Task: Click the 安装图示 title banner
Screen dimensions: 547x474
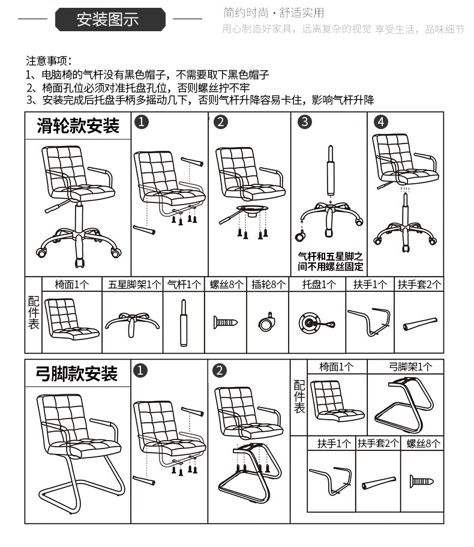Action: point(110,20)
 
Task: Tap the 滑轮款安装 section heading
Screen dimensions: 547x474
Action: point(78,126)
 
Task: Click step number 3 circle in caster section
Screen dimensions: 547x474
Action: point(305,122)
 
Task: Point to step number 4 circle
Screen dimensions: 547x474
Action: point(381,122)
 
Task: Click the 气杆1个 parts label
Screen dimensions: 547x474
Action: point(184,285)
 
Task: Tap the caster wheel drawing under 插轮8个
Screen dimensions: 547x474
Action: point(266,322)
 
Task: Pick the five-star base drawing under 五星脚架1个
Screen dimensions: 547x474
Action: point(133,321)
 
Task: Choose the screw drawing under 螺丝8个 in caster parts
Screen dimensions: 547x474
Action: point(226,322)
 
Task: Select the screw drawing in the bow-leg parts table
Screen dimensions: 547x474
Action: point(422,480)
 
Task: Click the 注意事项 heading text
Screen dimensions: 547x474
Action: point(49,61)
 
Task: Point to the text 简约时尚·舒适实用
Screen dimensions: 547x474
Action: point(273,13)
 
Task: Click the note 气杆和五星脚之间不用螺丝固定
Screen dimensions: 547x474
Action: point(331,261)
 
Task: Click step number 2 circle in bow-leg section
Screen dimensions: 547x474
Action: point(220,370)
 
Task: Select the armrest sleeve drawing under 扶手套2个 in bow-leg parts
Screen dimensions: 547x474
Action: point(379,483)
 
